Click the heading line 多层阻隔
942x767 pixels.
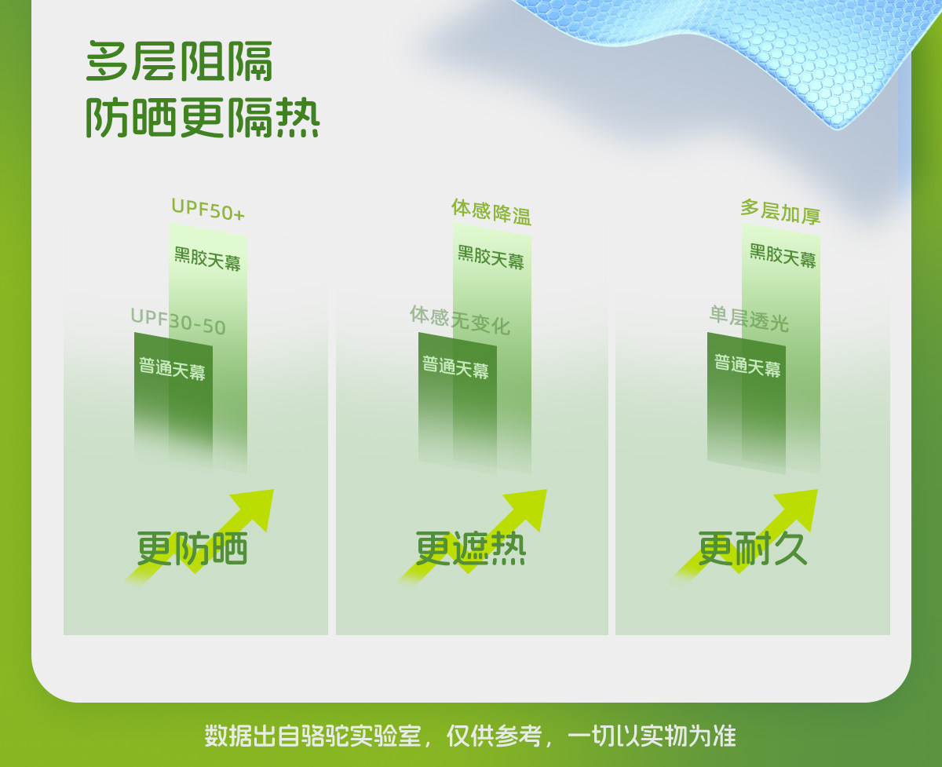[179, 61]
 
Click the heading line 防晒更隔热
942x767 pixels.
[203, 118]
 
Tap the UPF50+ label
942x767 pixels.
[208, 210]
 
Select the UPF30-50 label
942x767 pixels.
[178, 322]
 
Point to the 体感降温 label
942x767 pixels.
[491, 212]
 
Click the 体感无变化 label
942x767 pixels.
[460, 320]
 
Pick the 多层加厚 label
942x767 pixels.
[780, 212]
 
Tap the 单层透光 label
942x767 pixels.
[749, 319]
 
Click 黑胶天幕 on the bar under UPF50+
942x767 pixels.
[207, 259]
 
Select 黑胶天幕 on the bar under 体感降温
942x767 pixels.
[491, 257]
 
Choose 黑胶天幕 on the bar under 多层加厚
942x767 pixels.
[783, 256]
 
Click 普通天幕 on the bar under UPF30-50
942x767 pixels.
[173, 368]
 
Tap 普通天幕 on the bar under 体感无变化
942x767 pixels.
[455, 367]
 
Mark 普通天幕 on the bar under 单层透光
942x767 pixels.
[747, 366]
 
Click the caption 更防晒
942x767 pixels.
[192, 549]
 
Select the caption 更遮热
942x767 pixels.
[470, 549]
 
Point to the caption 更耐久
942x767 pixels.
[753, 549]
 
